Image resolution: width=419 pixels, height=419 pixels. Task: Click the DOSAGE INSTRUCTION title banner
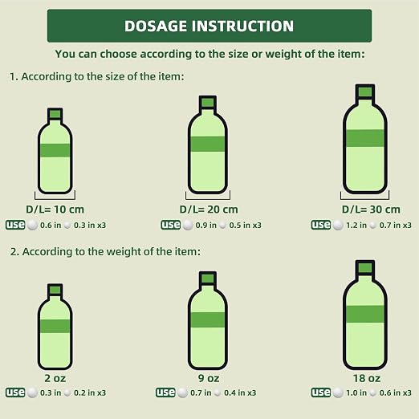coord(209,26)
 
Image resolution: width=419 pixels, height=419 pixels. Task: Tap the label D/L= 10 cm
coord(55,209)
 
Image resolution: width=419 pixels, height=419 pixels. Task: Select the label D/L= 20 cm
coord(209,209)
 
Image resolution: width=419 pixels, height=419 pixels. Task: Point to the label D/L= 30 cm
coord(371,209)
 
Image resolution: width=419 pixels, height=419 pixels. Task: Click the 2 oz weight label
coord(55,378)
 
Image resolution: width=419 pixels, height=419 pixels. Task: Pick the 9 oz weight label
coord(209,378)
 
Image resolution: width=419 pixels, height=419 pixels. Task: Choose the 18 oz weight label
coord(367,378)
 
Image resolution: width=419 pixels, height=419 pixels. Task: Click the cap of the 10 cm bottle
coord(55,114)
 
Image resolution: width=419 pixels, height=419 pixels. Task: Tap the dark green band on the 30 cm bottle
coord(365,138)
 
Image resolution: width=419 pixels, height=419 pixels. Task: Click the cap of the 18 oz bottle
coord(365,268)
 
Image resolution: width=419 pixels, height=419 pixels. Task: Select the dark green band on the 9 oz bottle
coord(208,319)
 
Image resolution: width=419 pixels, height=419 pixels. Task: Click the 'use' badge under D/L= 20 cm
coord(170,225)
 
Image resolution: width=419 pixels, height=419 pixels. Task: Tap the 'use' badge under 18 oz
coord(320,393)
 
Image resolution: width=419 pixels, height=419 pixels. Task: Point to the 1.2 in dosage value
coord(356,226)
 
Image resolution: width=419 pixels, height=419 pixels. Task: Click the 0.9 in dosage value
coord(205,226)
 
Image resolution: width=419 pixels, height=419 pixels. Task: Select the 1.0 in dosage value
coord(356,393)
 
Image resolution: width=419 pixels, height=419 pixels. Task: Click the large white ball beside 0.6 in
coord(32,225)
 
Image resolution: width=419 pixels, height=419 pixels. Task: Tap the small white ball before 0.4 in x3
coord(218,393)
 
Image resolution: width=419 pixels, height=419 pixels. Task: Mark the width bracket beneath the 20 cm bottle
coord(208,199)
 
